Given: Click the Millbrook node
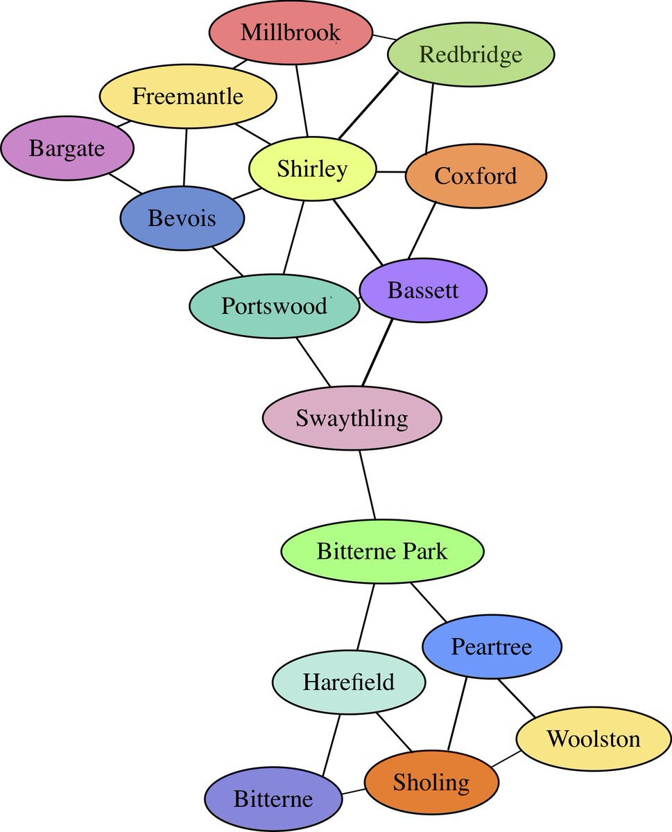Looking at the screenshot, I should [x=291, y=33].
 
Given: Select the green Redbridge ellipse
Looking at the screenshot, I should [x=470, y=54].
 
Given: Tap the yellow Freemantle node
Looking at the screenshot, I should [x=188, y=96].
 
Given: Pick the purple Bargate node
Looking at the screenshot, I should [x=67, y=148].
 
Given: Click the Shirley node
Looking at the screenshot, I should [x=312, y=168].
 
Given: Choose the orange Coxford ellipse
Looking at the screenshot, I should [x=476, y=175].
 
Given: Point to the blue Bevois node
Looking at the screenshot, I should [x=182, y=218].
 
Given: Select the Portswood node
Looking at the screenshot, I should [x=274, y=306].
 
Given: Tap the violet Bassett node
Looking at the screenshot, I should [x=423, y=290].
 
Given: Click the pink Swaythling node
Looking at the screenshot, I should [x=352, y=418].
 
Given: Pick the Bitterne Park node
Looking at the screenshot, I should [x=382, y=551].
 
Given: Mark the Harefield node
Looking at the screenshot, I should [x=348, y=682].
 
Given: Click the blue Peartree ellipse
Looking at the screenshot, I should [x=492, y=646].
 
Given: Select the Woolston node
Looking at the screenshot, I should [x=594, y=738].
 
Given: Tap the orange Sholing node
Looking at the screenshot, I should [x=431, y=782].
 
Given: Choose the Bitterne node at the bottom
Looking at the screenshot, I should [x=274, y=799].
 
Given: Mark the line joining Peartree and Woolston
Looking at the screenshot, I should [x=516, y=697].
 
